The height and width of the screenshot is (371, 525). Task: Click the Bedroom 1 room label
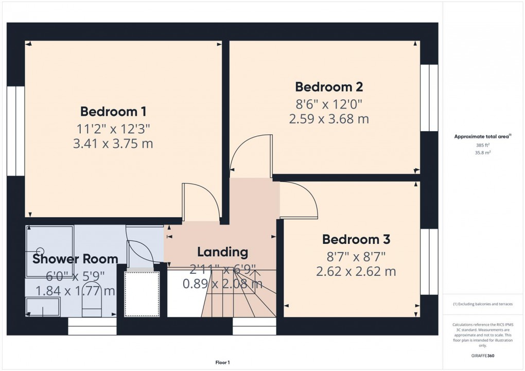pyautogui.click(x=113, y=111)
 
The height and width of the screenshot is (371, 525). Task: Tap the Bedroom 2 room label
pyautogui.click(x=329, y=86)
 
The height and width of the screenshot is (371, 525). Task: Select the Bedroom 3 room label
pyautogui.click(x=356, y=239)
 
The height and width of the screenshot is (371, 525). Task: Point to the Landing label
pyautogui.click(x=222, y=252)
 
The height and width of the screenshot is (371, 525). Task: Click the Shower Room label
pyautogui.click(x=75, y=259)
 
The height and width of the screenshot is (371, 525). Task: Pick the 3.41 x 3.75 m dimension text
pyautogui.click(x=113, y=144)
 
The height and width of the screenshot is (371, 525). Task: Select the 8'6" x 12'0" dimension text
pyautogui.click(x=329, y=103)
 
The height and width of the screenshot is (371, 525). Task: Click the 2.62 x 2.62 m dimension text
pyautogui.click(x=356, y=272)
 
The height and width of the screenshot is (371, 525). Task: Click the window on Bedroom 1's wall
pyautogui.click(x=16, y=131)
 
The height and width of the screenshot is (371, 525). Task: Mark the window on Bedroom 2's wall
pyautogui.click(x=429, y=98)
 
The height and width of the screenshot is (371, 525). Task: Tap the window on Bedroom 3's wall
pyautogui.click(x=429, y=262)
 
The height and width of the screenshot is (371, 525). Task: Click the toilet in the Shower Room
pyautogui.click(x=92, y=304)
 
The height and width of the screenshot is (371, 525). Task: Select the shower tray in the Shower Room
pyautogui.click(x=50, y=244)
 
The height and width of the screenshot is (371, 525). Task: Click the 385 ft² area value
pyautogui.click(x=482, y=146)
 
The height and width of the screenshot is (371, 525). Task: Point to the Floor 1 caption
pyautogui.click(x=222, y=363)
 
